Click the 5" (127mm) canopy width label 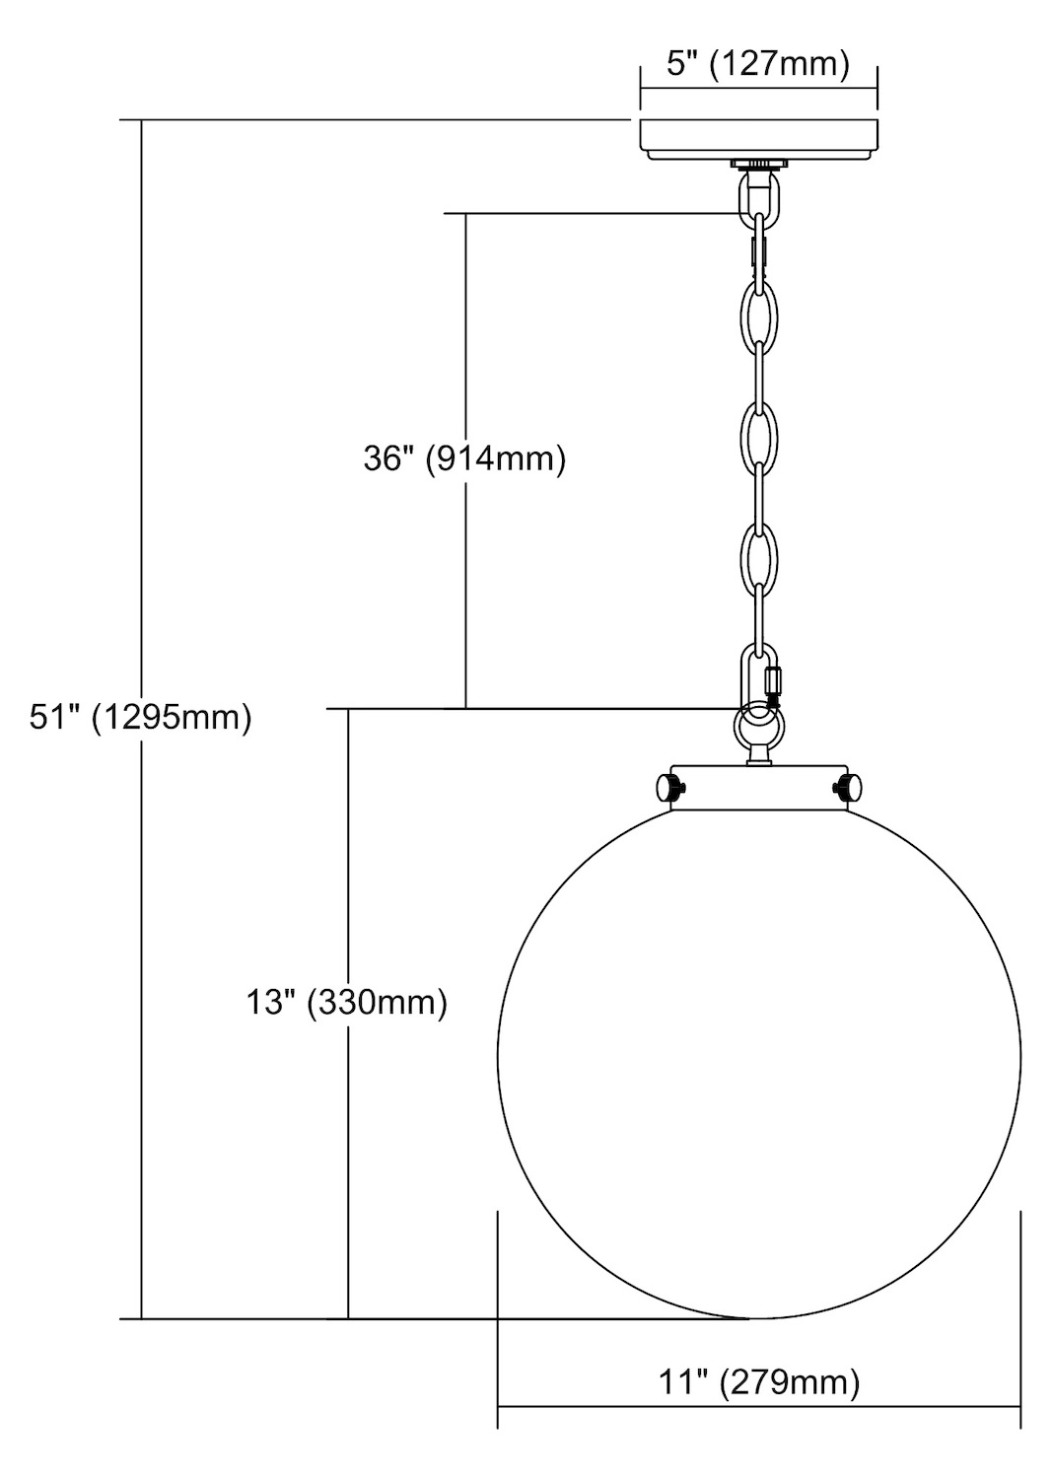point(757,65)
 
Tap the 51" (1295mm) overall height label point(141,719)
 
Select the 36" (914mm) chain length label point(465,458)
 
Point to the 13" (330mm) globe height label point(347,1003)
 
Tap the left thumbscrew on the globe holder point(669,788)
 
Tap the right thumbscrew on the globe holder point(848,787)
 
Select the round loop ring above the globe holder point(758,728)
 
